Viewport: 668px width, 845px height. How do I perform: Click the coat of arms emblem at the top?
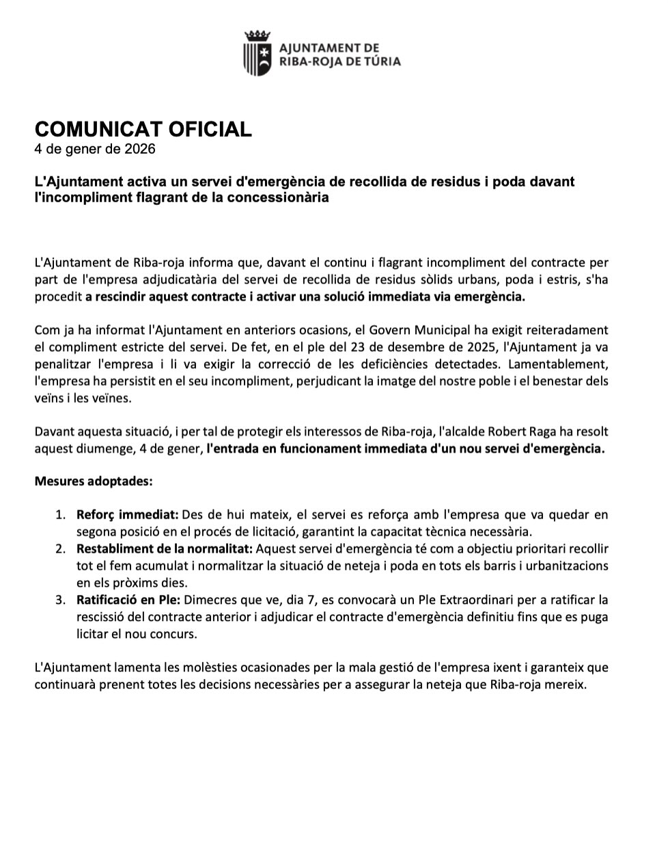258,53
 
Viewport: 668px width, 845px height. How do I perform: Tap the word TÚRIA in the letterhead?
380,61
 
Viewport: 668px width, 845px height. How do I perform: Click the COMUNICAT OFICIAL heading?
143,128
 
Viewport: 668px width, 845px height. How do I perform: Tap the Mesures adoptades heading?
94,481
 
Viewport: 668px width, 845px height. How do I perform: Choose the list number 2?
61,549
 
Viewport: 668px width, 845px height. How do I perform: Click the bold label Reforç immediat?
127,514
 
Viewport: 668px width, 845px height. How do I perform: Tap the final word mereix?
568,684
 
